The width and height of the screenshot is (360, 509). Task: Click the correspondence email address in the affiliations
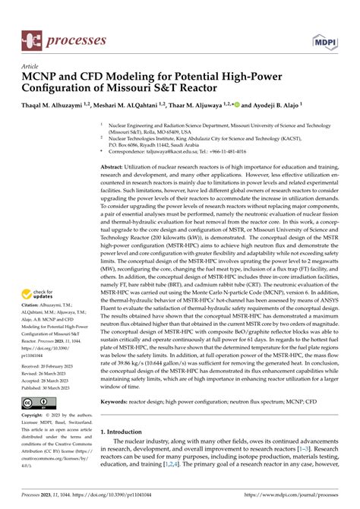coord(182,152)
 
